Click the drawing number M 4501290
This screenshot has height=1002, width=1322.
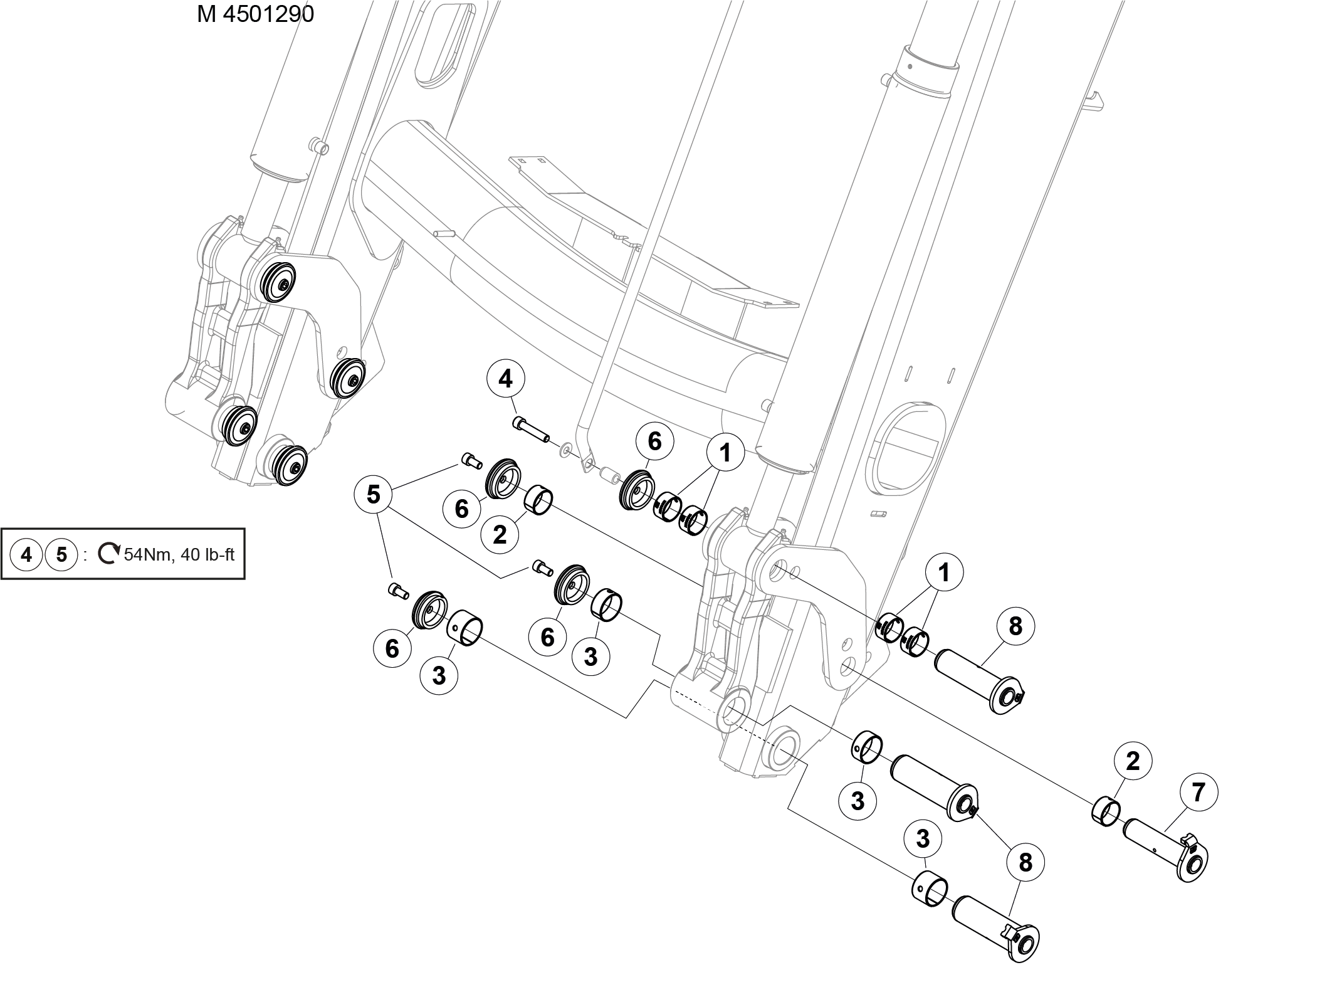(x=255, y=14)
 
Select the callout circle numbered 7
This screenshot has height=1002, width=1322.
(x=1198, y=793)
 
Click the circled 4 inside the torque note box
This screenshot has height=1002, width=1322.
(x=26, y=554)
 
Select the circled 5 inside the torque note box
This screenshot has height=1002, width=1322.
(x=61, y=554)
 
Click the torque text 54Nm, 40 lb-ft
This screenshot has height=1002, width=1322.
(x=179, y=555)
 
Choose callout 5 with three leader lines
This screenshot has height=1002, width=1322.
(x=373, y=495)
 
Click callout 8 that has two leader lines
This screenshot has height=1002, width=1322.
(x=1025, y=863)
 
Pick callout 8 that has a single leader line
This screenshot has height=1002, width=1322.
(x=1015, y=626)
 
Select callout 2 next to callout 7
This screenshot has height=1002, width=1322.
(x=1133, y=761)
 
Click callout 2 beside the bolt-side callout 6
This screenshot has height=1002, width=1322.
(x=500, y=534)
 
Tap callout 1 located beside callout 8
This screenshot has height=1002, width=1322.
(x=943, y=572)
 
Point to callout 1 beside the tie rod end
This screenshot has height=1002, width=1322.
(x=725, y=452)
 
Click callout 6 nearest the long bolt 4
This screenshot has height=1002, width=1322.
(x=654, y=441)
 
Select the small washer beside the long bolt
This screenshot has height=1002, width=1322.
(x=566, y=448)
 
